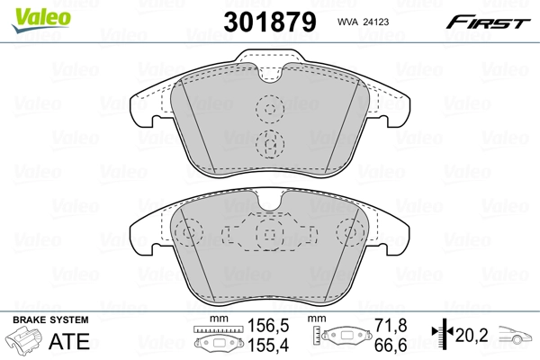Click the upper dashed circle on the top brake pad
269,110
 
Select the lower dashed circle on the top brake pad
269,141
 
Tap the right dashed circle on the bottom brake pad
350,234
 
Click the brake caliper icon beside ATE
25,342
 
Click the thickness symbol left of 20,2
440,337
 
